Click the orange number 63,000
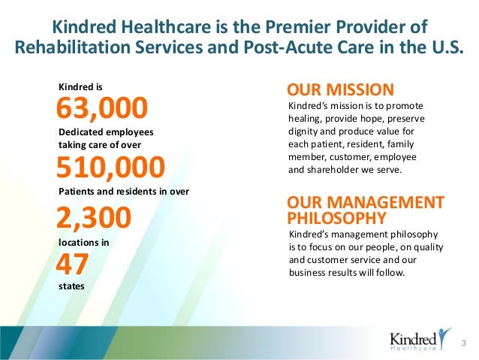point(103,109)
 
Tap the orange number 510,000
point(111,165)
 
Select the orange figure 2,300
point(94,218)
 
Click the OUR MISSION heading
point(340,89)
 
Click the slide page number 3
point(464,344)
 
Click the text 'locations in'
point(83,243)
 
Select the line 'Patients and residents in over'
point(123,191)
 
